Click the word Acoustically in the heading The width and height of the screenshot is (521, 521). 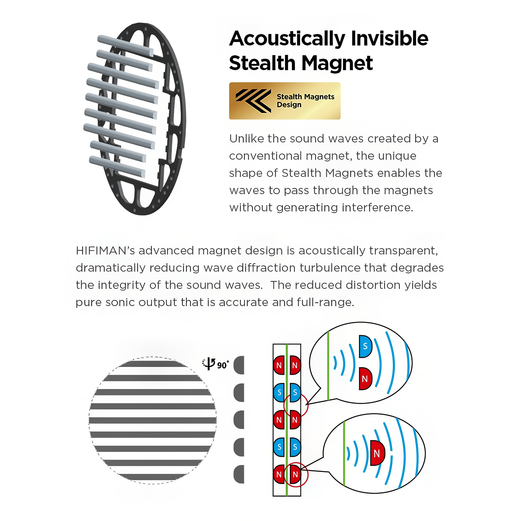coord(287,39)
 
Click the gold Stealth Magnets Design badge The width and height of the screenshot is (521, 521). coord(285,101)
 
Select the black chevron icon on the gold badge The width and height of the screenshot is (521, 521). coord(253,100)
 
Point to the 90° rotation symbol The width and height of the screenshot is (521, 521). coord(215,364)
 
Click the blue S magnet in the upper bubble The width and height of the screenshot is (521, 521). coord(365,346)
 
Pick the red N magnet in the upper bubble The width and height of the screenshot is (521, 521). coord(365,379)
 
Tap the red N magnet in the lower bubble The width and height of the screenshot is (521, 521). coord(377,453)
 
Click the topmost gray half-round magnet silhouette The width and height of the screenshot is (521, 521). coord(239,365)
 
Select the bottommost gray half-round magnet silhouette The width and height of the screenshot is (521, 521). coord(239,474)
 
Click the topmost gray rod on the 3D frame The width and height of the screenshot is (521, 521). coord(125,45)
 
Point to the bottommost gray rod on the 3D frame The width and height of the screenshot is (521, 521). coord(117,167)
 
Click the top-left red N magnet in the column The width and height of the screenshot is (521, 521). coord(279,365)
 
